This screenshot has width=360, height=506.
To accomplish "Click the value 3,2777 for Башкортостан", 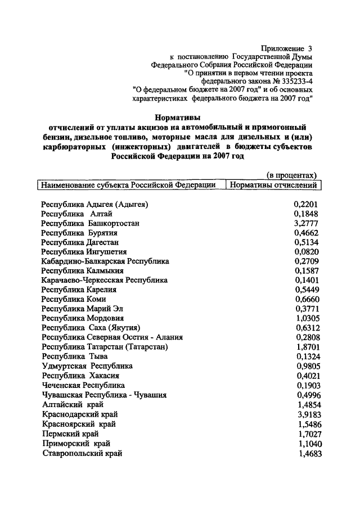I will [307, 223].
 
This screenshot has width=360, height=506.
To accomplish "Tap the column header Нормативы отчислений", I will [273, 185].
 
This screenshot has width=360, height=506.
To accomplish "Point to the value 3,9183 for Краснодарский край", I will [307, 414].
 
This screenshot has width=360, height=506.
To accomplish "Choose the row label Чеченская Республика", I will [83, 386].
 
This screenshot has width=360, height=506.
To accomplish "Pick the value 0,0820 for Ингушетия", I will [307, 252].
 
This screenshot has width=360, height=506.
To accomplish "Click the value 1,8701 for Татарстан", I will [307, 347].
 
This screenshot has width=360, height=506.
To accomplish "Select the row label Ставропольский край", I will [82, 453].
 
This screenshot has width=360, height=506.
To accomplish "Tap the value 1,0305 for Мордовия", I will [307, 319].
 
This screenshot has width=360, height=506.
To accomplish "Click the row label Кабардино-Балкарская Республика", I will [105, 261].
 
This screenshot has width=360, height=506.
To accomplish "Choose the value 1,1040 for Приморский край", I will [307, 443].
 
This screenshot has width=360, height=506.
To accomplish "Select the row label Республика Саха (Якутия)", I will [91, 328].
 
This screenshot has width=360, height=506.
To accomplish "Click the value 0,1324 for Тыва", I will [307, 357].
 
